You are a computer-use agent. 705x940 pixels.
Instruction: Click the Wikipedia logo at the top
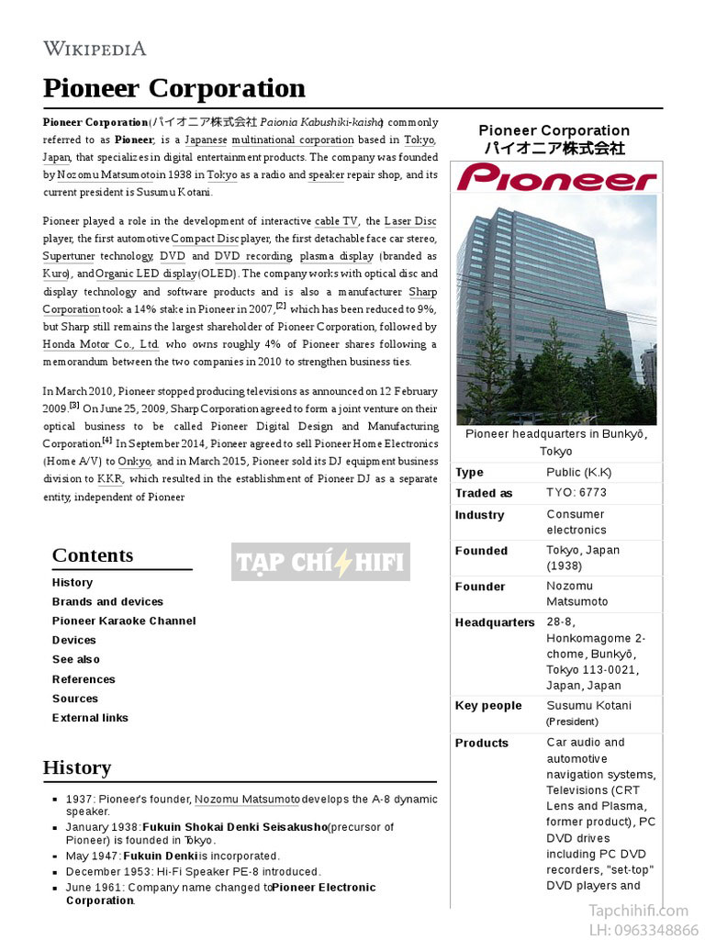(x=95, y=49)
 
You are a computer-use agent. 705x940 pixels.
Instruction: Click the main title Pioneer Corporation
(x=173, y=88)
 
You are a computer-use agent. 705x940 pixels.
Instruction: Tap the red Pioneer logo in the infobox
(x=556, y=177)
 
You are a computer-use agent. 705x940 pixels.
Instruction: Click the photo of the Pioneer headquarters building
(x=556, y=308)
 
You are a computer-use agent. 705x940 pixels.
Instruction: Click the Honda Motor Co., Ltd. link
(x=101, y=344)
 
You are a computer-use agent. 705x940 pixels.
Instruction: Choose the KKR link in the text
(x=109, y=479)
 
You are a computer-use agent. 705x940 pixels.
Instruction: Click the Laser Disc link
(x=409, y=221)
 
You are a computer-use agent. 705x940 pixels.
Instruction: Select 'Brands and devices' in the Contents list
(x=107, y=602)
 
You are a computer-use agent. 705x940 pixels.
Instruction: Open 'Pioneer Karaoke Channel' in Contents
(x=124, y=621)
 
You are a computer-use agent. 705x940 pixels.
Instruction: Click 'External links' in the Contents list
(x=90, y=718)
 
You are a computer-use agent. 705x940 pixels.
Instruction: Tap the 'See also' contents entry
(x=76, y=660)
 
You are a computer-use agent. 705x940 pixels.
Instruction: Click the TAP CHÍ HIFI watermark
(x=320, y=563)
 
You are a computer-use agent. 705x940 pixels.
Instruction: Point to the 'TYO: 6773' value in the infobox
(x=576, y=493)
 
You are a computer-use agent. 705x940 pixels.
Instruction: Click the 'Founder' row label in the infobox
(x=480, y=587)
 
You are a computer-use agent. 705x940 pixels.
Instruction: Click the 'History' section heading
(x=77, y=767)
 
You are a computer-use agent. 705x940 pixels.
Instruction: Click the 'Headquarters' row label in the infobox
(x=495, y=622)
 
